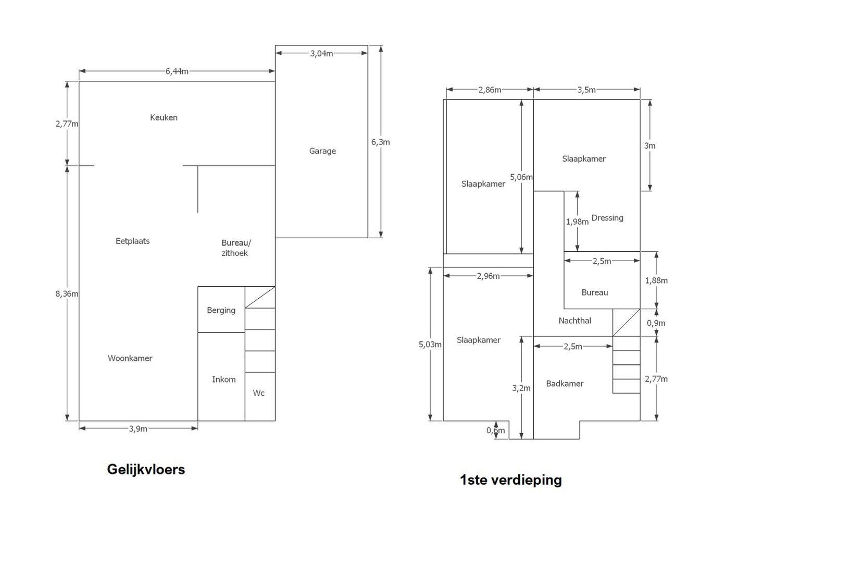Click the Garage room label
(322, 151)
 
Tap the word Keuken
(164, 117)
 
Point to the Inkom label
(223, 380)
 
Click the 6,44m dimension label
(177, 71)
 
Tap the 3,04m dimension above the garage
(322, 54)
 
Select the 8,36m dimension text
(67, 294)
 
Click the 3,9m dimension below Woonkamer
(138, 429)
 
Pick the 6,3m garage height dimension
(381, 142)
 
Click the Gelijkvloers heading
(146, 469)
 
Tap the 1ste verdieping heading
(510, 480)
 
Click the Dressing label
(607, 218)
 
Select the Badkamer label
(565, 384)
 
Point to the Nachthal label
(574, 321)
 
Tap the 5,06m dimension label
(521, 177)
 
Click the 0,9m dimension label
(656, 323)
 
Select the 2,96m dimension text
(489, 276)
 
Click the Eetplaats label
(133, 241)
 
